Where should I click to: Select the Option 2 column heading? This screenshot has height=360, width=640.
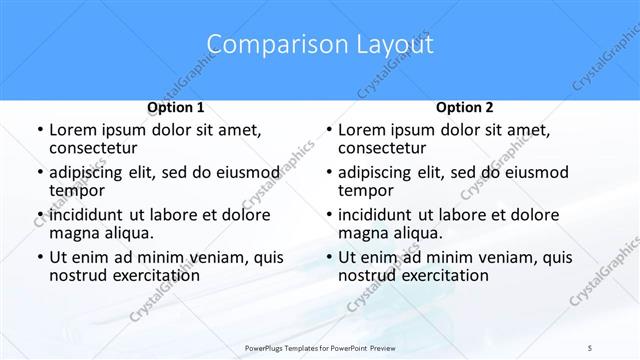[x=464, y=107]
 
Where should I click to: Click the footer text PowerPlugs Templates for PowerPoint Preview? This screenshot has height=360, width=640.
[x=319, y=347]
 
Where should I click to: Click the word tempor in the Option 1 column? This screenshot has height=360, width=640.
[x=75, y=190]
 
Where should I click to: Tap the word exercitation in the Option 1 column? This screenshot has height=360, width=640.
[x=156, y=275]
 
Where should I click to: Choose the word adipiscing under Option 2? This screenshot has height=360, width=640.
[x=379, y=172]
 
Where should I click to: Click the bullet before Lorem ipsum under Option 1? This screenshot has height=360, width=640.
[x=39, y=130]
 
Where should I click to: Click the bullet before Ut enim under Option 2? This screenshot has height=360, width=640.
[x=328, y=257]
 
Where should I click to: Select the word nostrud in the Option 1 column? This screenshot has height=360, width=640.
[x=79, y=275]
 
